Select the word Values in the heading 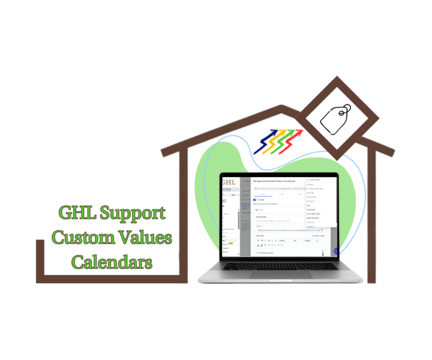(x=143, y=238)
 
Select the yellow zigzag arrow (x=275, y=142)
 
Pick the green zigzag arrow (x=284, y=142)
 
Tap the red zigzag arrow (x=293, y=142)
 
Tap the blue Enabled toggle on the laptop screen (x=256, y=200)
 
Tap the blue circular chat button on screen (x=337, y=252)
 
